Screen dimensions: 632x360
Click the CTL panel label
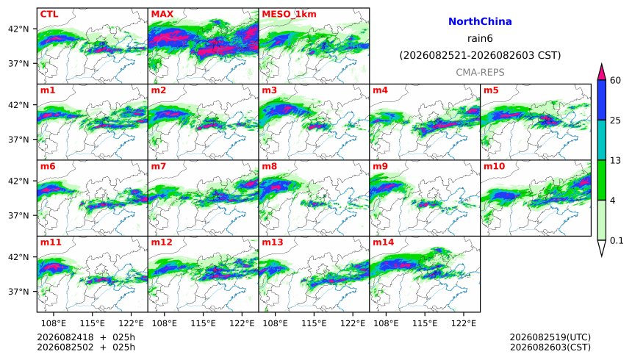click(x=49, y=14)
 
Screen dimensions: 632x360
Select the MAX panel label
click(x=162, y=14)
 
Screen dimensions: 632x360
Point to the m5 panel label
click(x=491, y=90)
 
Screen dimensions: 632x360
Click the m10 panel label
click(x=494, y=167)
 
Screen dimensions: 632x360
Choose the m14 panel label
click(x=383, y=242)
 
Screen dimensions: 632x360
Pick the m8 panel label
click(x=269, y=167)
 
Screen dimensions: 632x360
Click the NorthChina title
click(x=480, y=22)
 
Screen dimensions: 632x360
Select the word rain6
click(x=480, y=39)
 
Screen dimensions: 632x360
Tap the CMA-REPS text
click(x=480, y=73)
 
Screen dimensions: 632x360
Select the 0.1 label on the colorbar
click(x=617, y=241)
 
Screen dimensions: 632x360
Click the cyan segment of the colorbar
click(x=601, y=140)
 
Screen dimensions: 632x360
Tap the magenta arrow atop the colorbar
click(x=601, y=73)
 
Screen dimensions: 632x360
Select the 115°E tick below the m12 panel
click(x=203, y=323)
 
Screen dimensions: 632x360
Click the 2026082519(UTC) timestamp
click(x=550, y=337)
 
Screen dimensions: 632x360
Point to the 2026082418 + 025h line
click(x=86, y=337)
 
